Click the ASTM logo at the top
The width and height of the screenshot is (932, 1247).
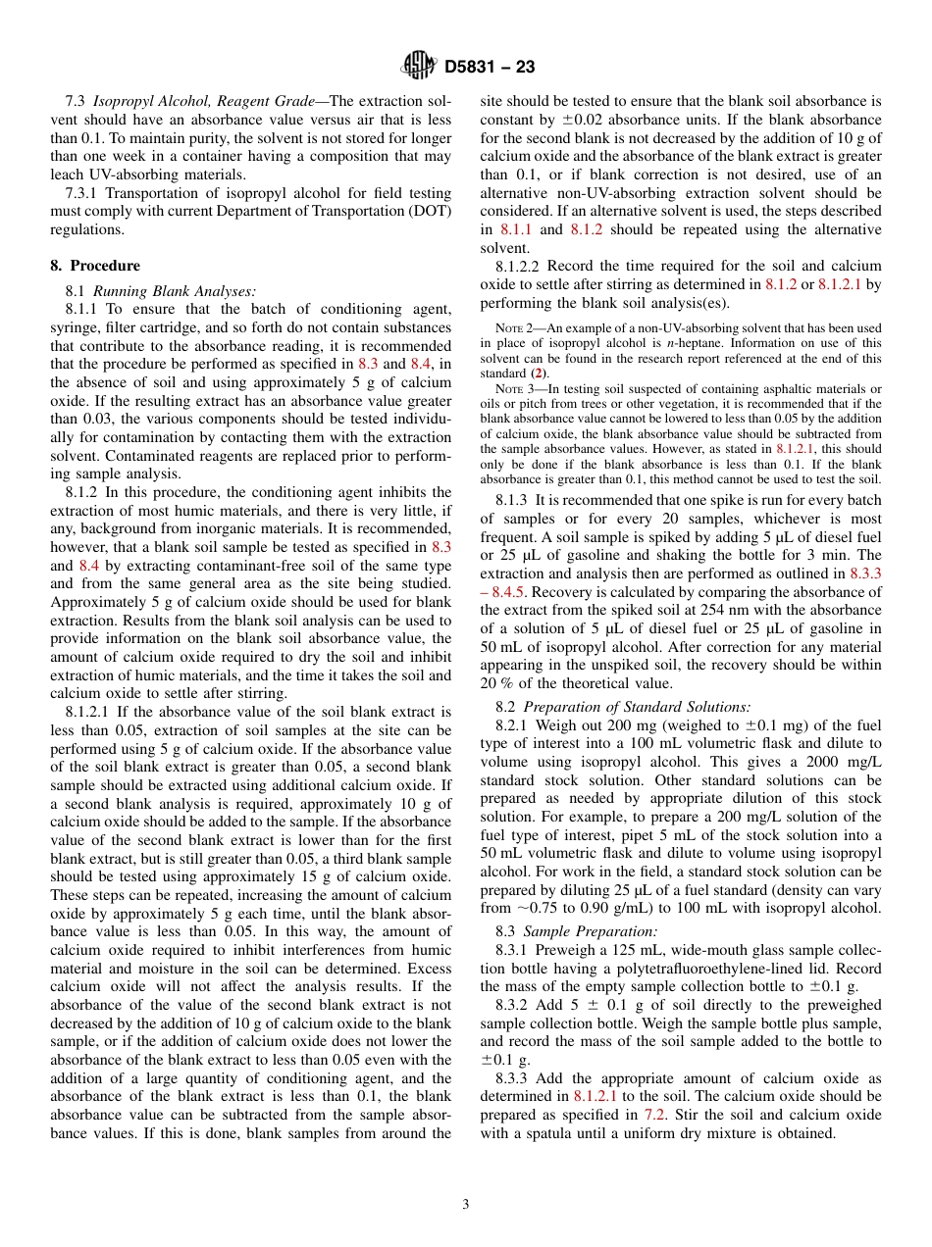point(419,66)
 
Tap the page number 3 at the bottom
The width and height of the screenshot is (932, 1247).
point(465,1204)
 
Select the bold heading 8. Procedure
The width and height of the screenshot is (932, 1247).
point(94,266)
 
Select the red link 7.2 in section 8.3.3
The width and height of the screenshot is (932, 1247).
point(654,1115)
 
